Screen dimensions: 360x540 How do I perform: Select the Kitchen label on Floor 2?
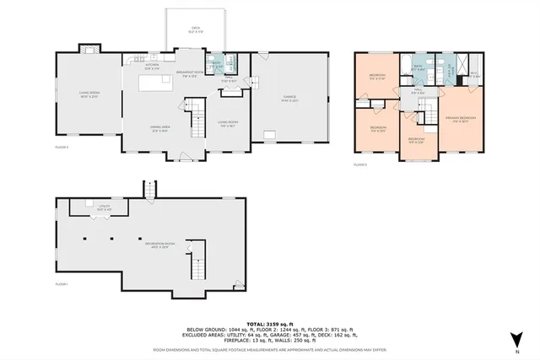point(153,64)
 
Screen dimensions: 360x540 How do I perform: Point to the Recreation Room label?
point(155,245)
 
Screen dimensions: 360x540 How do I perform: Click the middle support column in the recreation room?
point(113,239)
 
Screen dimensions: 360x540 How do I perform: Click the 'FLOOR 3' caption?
point(359,164)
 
